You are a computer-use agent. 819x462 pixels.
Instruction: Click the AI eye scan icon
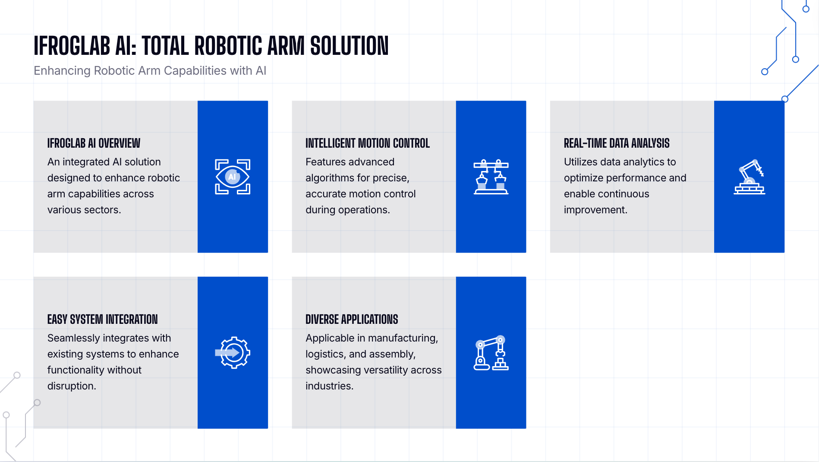tap(233, 177)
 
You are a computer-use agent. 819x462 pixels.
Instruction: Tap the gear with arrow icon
tap(233, 352)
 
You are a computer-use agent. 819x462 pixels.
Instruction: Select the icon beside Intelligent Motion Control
tap(491, 177)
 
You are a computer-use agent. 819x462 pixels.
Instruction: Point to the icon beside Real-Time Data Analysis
tap(750, 177)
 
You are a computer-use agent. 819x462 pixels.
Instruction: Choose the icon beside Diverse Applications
tap(491, 352)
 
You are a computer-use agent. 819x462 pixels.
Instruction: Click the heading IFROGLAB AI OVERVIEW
tap(94, 143)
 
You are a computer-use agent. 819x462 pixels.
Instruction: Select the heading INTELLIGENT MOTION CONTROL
tap(368, 143)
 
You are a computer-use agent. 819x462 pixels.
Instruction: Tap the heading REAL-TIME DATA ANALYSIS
tap(617, 143)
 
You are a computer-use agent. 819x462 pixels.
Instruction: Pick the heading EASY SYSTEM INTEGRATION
tap(103, 320)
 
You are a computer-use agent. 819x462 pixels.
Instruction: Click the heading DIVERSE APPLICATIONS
tap(352, 320)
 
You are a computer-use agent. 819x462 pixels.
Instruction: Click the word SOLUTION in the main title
tap(350, 46)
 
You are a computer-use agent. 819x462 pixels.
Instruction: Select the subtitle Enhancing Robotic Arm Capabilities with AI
tap(150, 71)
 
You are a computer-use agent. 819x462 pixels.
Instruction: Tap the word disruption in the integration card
tap(72, 386)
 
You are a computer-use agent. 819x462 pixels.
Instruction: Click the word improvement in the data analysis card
tap(595, 210)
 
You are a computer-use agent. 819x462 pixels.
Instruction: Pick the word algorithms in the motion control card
tap(335, 178)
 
